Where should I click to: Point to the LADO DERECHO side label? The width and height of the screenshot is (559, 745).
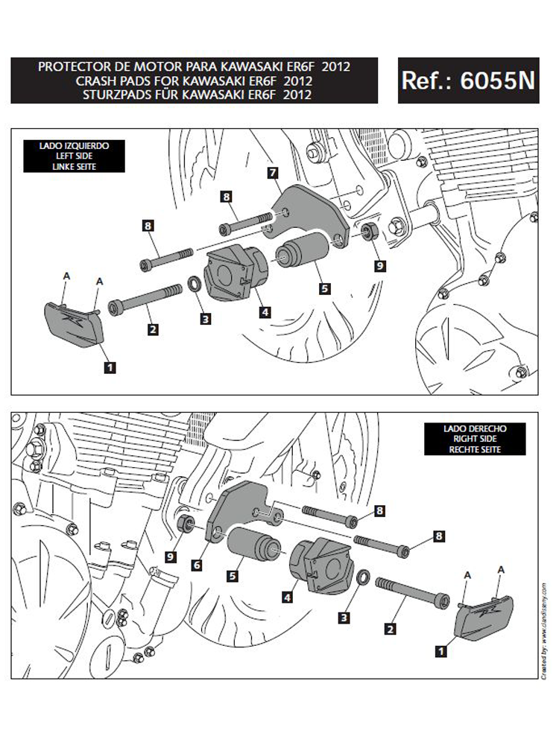475,428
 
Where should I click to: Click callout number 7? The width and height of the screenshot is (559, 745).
273,173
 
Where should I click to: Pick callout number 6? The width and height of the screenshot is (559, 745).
197,565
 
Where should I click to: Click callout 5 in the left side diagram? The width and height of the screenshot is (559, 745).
323,288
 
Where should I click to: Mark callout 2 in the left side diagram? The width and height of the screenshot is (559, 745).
152,329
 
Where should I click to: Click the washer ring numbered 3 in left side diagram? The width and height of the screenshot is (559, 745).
192,284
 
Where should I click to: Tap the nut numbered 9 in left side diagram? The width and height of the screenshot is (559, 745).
369,232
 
